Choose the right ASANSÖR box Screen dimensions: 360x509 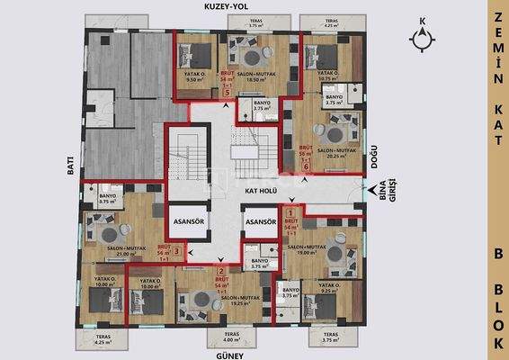(x=260, y=221)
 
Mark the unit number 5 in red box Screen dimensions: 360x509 (x=228, y=92)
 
